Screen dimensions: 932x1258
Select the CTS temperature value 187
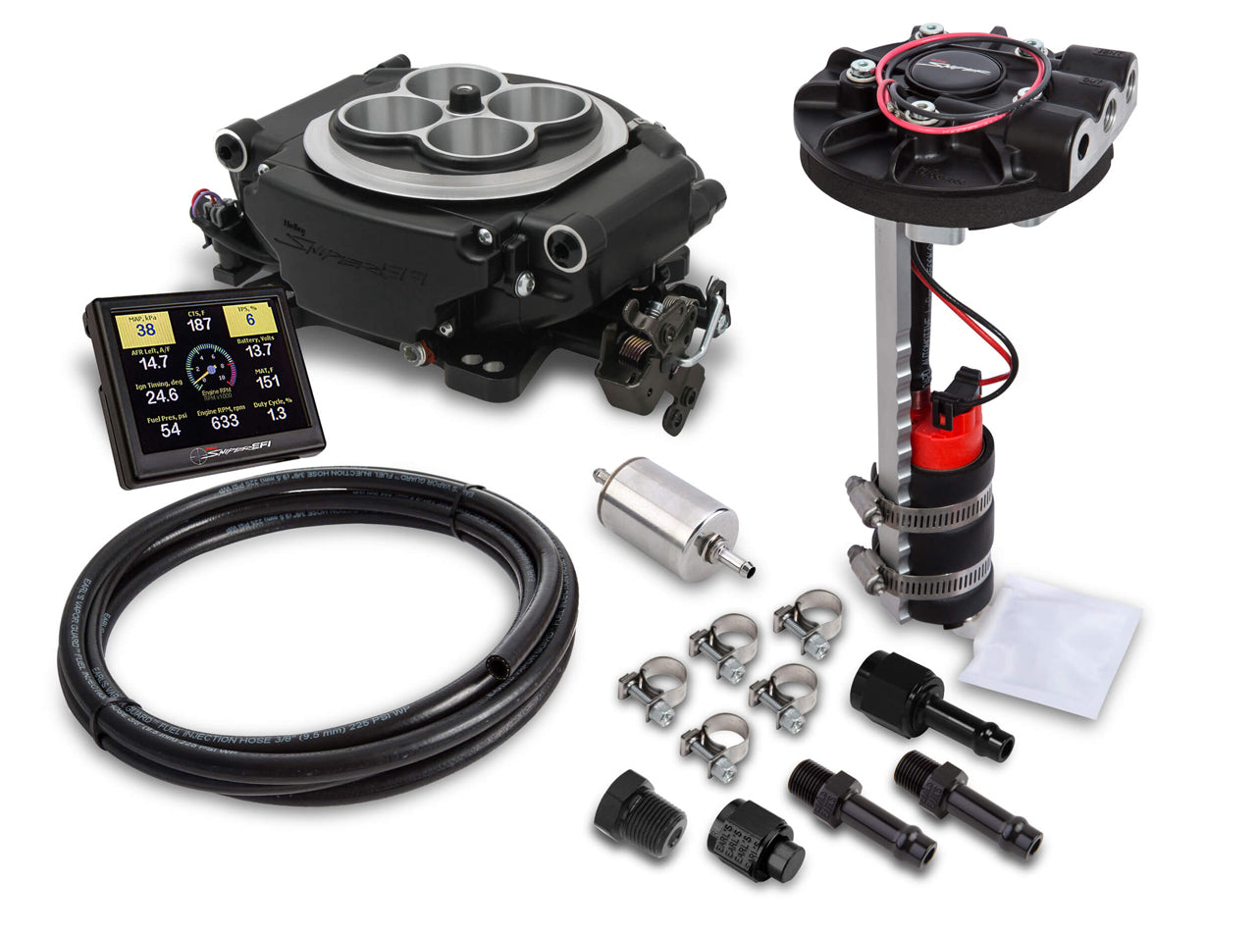(x=198, y=325)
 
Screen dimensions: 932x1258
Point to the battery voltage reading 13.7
(x=259, y=350)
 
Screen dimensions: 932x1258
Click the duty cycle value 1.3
(x=278, y=414)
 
